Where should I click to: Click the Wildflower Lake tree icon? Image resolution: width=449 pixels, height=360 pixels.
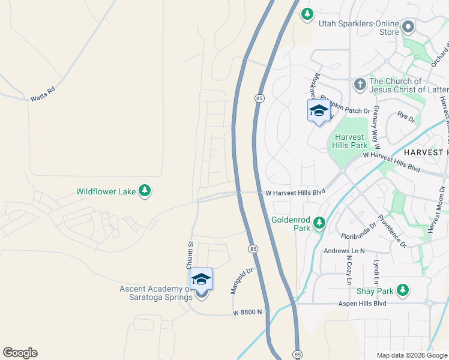click(x=144, y=191)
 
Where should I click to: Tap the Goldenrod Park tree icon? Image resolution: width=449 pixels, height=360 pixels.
click(x=320, y=223)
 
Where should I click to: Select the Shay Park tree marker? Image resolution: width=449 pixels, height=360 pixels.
click(x=402, y=291)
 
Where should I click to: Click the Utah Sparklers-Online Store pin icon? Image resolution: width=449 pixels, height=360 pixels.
click(x=409, y=27)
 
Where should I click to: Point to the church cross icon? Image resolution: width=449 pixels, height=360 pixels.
click(x=360, y=83)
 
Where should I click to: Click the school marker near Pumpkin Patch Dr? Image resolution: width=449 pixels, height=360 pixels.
click(x=319, y=111)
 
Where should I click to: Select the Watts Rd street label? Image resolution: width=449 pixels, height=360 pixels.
click(x=43, y=94)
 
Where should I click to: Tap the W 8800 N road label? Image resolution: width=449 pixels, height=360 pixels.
click(x=248, y=312)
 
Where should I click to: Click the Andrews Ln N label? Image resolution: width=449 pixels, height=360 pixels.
click(x=344, y=251)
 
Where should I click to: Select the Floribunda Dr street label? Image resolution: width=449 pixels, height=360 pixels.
click(x=358, y=227)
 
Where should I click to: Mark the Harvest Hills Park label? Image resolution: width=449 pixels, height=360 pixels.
click(x=351, y=141)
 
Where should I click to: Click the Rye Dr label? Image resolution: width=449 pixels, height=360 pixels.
click(x=406, y=116)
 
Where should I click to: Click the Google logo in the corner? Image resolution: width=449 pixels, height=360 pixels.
click(x=20, y=353)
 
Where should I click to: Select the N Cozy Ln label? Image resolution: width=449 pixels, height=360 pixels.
click(x=349, y=270)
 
